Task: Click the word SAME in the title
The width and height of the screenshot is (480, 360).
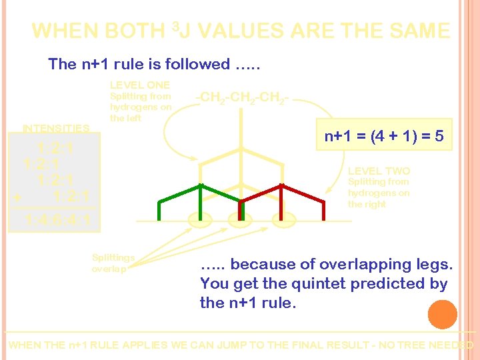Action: [x=421, y=31]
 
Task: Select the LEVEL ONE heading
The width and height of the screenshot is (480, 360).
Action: [x=139, y=85]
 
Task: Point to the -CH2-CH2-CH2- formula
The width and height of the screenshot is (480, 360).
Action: [x=241, y=99]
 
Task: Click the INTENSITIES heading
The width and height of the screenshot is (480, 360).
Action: [x=56, y=128]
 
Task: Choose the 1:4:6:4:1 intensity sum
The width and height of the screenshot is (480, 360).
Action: [x=57, y=221]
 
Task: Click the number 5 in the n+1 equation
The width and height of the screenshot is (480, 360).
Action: [x=439, y=137]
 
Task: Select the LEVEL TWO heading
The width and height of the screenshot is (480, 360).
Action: [x=379, y=171]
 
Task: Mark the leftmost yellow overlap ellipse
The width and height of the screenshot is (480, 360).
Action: [x=199, y=219]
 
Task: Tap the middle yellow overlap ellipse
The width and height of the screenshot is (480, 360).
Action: [x=239, y=219]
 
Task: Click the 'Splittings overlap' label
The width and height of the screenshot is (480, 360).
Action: [x=113, y=263]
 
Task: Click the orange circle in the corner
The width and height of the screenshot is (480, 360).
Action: [x=443, y=314]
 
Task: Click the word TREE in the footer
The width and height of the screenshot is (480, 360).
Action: [x=413, y=345]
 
